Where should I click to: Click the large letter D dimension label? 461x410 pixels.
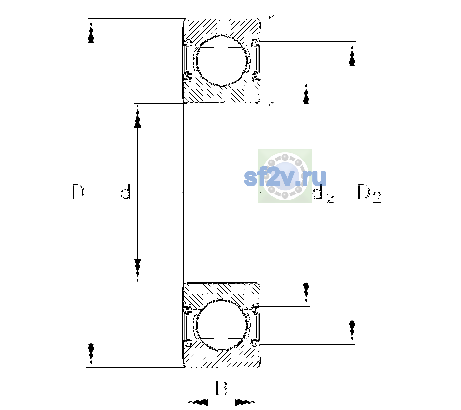coord(78,192)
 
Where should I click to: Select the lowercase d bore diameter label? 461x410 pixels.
coord(125,192)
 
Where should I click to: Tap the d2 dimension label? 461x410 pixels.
coord(323,194)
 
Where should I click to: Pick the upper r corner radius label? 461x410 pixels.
coord(271,20)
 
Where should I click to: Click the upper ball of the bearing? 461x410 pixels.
coord(222,61)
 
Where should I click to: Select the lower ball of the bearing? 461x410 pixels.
coord(222,325)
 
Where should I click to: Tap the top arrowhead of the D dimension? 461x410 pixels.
coord(91,31)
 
